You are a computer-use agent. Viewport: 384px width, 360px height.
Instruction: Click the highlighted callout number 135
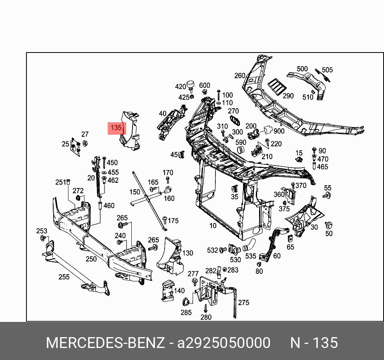point(116,128)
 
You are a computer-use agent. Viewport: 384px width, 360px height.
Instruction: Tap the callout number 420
point(181,87)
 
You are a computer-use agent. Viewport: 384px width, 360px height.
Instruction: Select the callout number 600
point(205,85)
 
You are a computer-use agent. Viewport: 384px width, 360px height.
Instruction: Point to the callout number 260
point(240,76)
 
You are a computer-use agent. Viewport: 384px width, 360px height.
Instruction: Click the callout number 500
point(302,69)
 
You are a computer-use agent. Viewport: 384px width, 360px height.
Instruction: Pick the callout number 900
point(279,131)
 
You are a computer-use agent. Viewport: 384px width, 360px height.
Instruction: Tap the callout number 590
point(241,143)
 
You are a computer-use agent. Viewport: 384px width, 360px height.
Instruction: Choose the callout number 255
point(64,277)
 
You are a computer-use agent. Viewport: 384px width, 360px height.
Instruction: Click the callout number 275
point(243,303)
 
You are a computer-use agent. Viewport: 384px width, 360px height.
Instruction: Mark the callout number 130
point(188,253)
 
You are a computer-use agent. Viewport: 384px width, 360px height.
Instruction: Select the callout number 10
point(213,226)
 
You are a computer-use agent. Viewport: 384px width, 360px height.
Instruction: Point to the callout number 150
point(135,192)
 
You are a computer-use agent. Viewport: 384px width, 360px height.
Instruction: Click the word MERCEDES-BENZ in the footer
point(105,343)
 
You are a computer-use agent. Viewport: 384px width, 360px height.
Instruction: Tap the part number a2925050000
point(224,343)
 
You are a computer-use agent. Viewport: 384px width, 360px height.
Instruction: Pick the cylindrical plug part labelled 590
point(241,150)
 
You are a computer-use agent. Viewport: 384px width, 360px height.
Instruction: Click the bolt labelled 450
point(104,162)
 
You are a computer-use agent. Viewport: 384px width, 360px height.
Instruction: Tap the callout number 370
point(301,185)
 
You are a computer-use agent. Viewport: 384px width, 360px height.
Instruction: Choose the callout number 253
point(42,231)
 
